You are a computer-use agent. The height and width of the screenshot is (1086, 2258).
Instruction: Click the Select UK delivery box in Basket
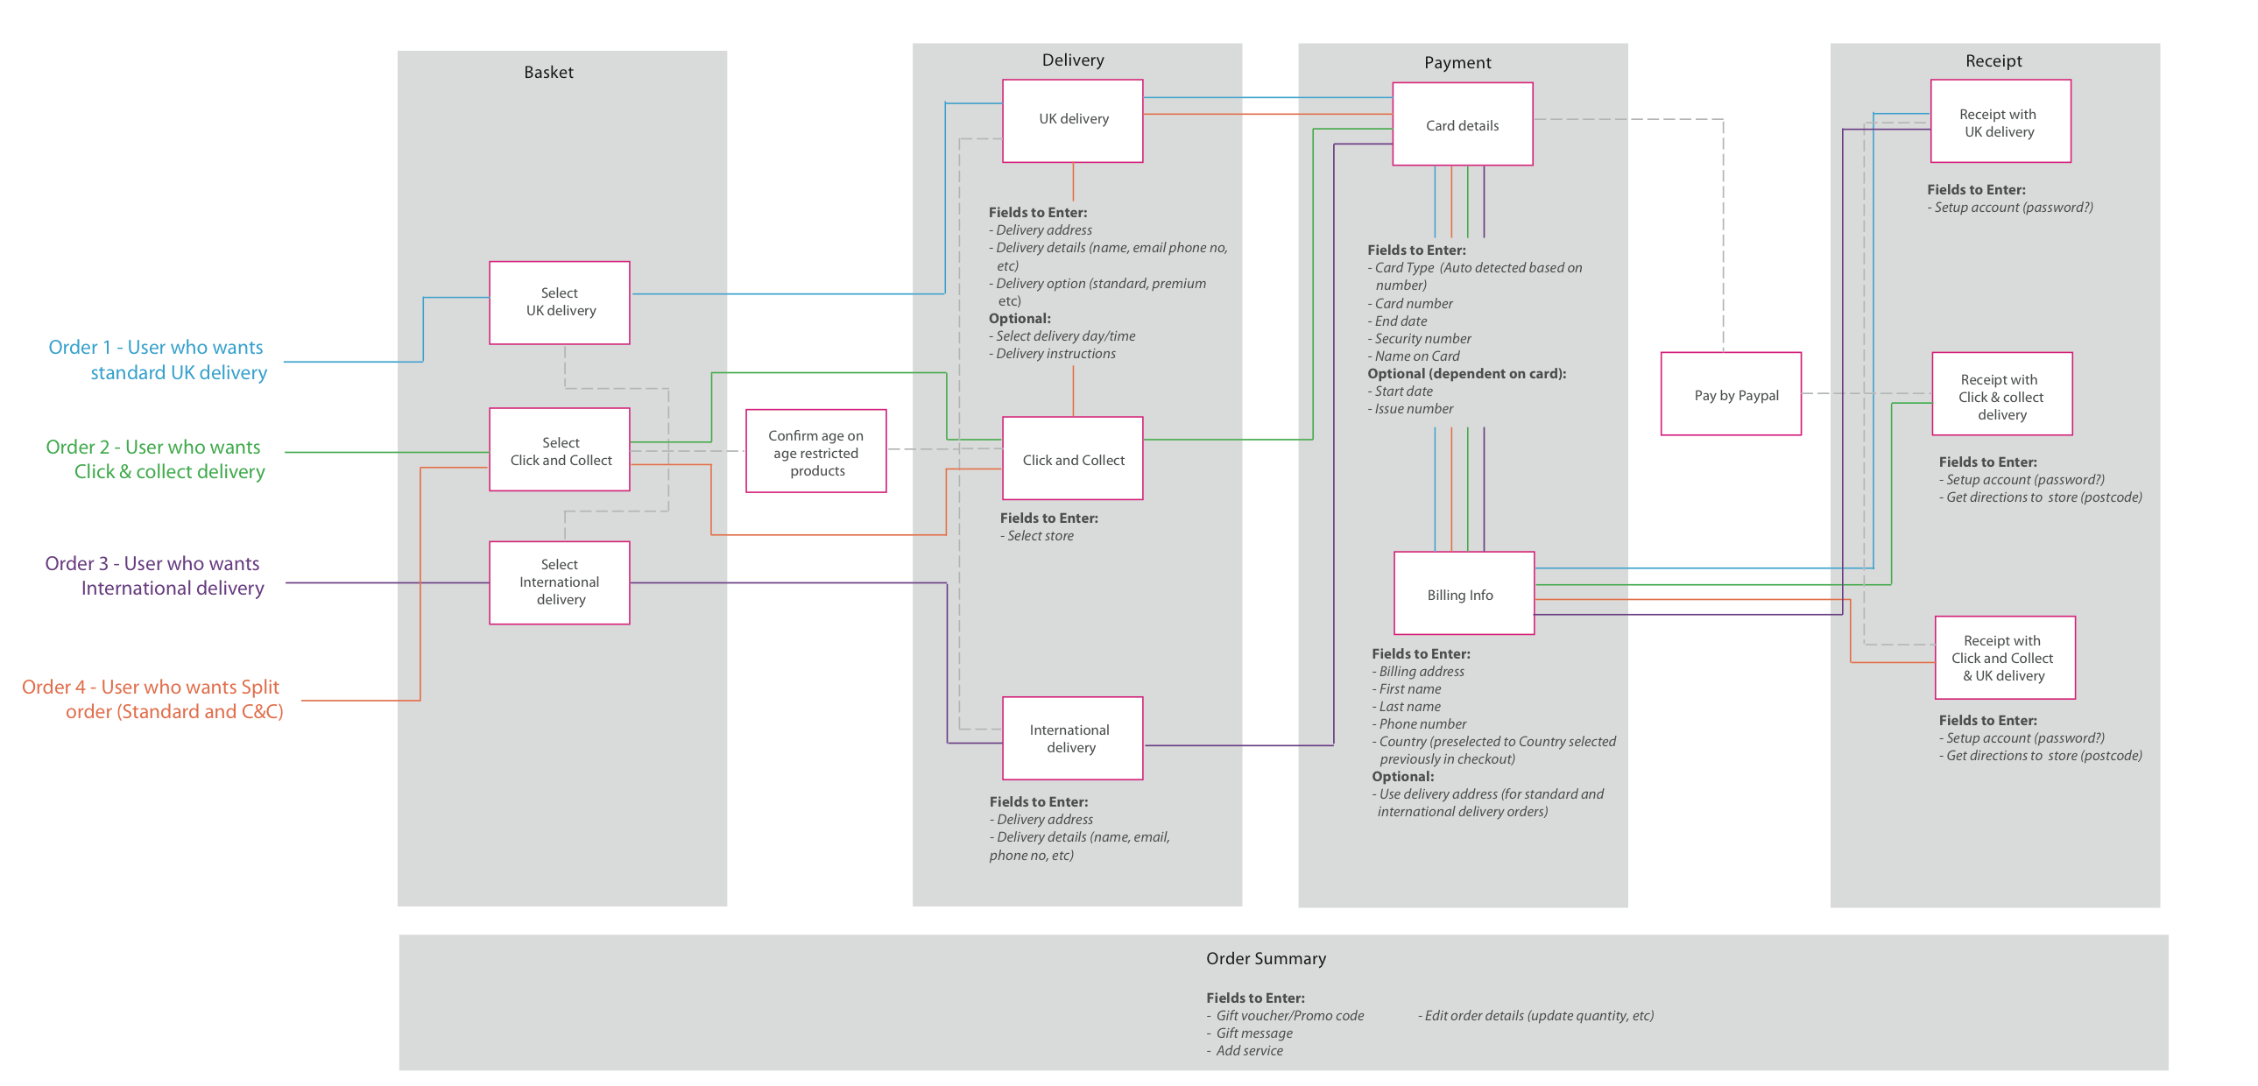point(559,302)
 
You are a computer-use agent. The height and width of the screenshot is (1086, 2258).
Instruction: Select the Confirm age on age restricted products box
point(815,452)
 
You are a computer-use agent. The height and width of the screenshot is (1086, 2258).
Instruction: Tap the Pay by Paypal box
point(1731,394)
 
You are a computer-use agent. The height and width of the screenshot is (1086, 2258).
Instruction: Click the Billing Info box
point(1463,594)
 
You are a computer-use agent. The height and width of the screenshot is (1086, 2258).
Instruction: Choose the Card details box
point(1462,124)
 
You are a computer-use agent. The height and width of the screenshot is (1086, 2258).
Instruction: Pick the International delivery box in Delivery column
point(1072,738)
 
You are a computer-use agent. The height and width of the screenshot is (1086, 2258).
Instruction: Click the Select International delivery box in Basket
point(559,582)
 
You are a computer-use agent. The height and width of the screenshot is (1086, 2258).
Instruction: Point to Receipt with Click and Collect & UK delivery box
point(2004,658)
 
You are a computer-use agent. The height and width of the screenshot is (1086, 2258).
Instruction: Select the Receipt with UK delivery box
point(2000,122)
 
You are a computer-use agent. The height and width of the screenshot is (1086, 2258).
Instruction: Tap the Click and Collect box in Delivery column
point(1072,458)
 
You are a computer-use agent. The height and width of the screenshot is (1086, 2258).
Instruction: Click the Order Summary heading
point(1265,958)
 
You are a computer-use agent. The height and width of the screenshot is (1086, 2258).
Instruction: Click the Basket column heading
point(548,73)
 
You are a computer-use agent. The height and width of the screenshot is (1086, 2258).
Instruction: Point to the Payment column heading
point(1457,62)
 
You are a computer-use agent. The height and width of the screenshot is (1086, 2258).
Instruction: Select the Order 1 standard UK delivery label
point(158,359)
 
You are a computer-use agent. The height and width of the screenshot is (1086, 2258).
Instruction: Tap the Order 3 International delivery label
point(154,575)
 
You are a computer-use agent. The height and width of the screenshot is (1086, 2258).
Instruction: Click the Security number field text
point(1422,338)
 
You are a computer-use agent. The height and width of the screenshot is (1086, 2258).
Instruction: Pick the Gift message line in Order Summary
point(1252,1033)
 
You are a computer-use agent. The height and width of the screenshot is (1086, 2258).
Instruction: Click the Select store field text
point(1040,535)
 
